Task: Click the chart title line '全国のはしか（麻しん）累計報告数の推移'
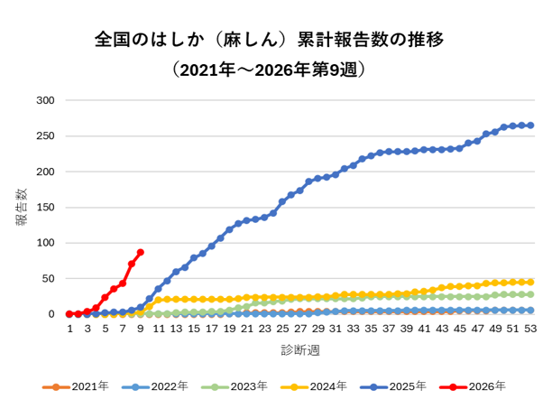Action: click(x=268, y=41)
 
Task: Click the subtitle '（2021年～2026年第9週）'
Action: click(x=268, y=70)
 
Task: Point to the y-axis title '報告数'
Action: click(x=21, y=207)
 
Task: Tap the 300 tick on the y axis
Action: click(x=46, y=99)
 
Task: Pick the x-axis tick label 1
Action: click(x=69, y=330)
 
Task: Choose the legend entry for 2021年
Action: click(x=77, y=386)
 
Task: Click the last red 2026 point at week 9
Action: click(x=140, y=253)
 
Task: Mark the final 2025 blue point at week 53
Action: click(x=529, y=125)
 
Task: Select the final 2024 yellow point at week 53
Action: click(x=529, y=282)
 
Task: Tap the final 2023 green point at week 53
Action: click(x=529, y=294)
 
